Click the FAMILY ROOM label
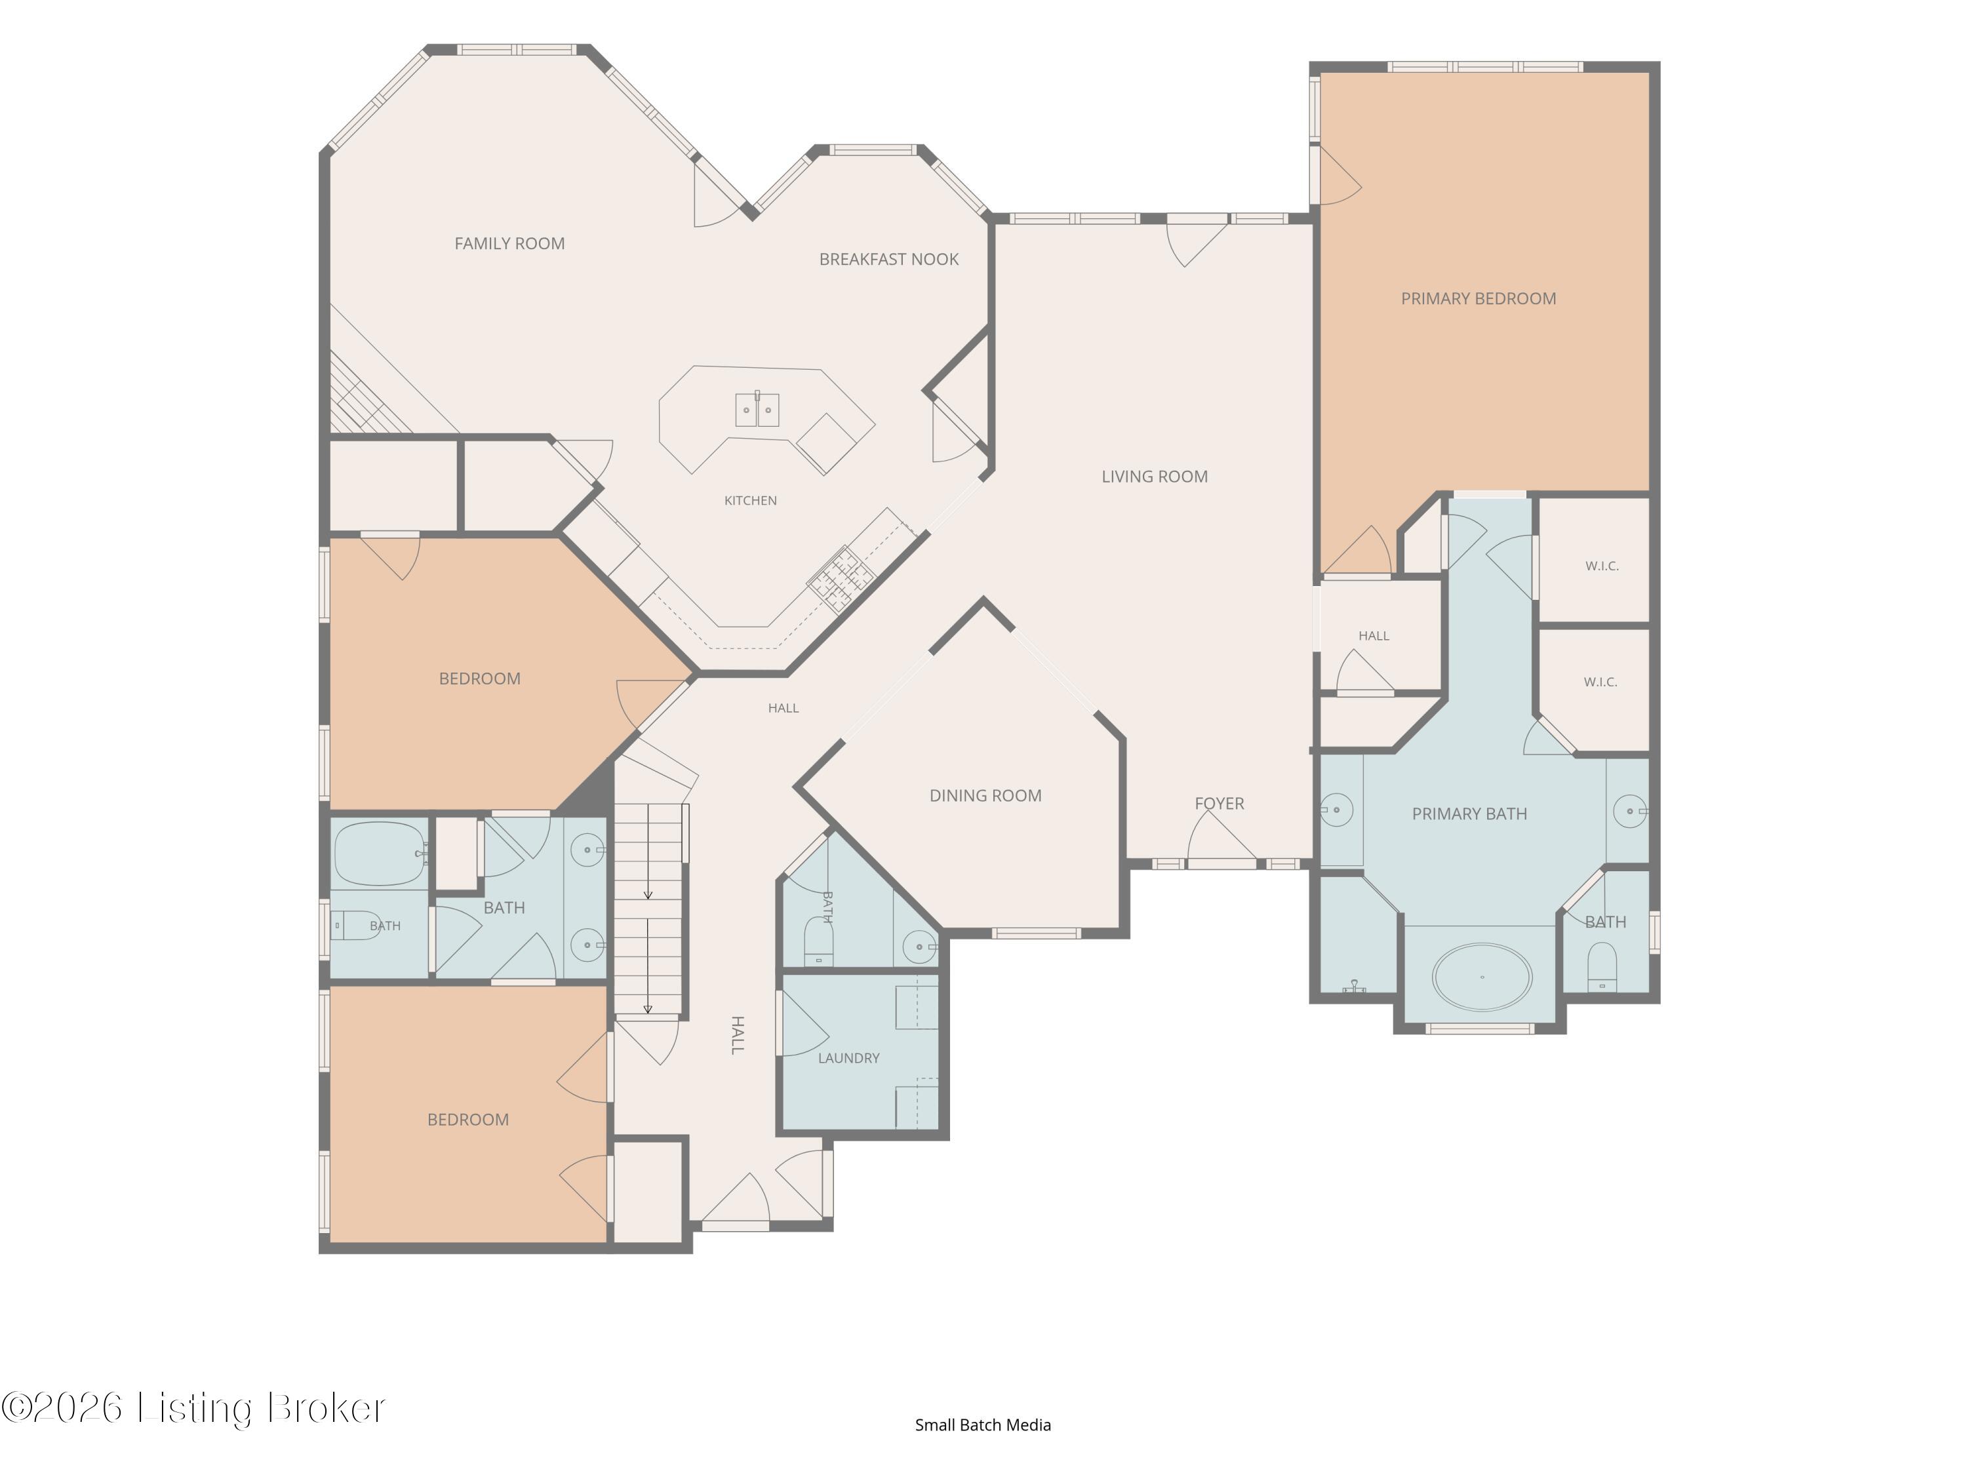point(509,244)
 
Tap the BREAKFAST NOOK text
point(888,260)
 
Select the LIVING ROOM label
point(1154,477)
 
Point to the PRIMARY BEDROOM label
point(1478,299)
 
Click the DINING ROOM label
point(985,796)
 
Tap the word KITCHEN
point(751,501)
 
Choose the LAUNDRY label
point(848,1058)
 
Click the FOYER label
point(1219,804)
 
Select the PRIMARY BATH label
point(1469,814)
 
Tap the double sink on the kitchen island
point(757,410)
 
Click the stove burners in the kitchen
point(839,579)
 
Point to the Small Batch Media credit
point(983,1425)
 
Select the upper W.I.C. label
point(1602,566)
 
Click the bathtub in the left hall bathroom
point(380,854)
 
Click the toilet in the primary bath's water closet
point(1602,968)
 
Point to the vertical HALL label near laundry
point(737,1035)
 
